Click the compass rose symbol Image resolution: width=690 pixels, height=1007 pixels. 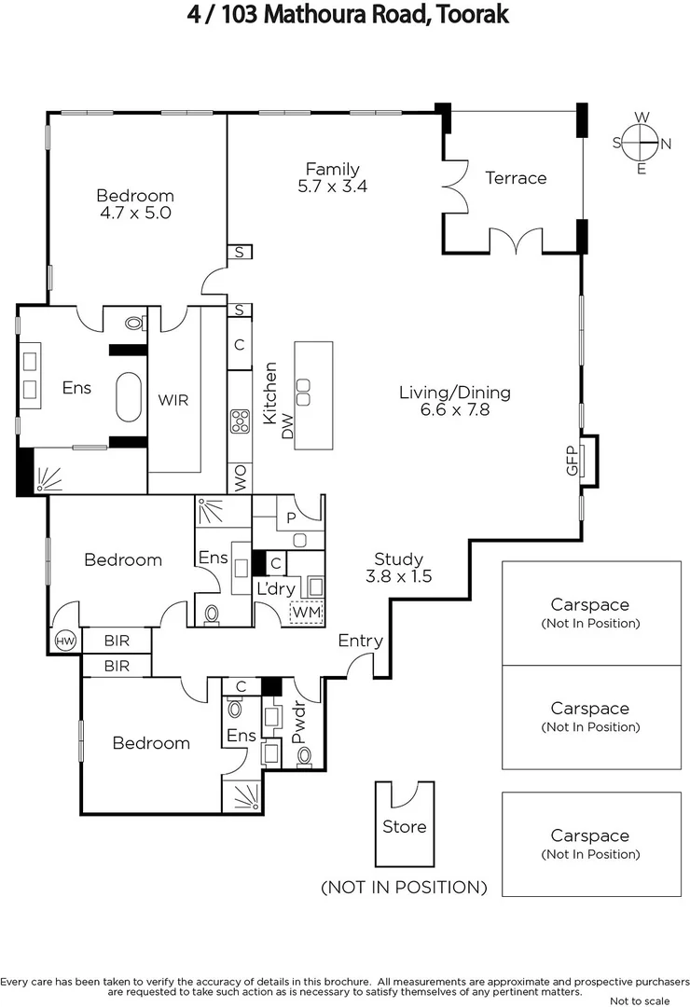pos(642,143)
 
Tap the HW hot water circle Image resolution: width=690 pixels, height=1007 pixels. pos(64,641)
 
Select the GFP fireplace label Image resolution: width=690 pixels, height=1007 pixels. pos(573,462)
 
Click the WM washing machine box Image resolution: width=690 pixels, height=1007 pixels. pos(306,613)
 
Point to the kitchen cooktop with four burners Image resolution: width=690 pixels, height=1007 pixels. pos(240,421)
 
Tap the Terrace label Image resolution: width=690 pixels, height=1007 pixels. pos(516,177)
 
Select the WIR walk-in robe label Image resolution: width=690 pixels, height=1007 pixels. pos(173,400)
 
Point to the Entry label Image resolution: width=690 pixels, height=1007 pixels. pos(360,641)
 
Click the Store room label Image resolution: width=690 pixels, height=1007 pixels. pos(405,827)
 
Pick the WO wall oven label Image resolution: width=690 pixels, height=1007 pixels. pos(240,479)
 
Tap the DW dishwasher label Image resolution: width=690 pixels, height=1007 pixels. pos(287,428)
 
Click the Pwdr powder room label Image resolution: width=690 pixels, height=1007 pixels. pos(299,724)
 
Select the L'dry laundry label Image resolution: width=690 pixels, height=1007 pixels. pos(275,588)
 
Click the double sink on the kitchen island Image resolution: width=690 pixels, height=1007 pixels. pos(303,385)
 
